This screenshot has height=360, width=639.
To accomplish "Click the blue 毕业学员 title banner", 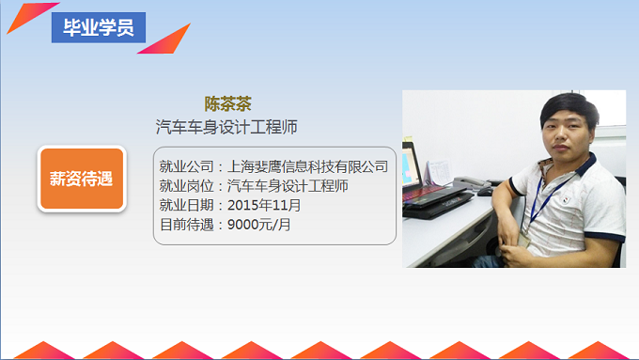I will (x=98, y=27).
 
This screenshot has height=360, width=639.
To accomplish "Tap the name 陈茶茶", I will (x=228, y=103).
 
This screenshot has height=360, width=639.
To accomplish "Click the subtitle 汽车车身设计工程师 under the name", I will (x=226, y=126).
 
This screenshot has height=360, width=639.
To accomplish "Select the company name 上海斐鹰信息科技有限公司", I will (x=308, y=166).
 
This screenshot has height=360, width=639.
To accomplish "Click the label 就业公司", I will (x=188, y=166).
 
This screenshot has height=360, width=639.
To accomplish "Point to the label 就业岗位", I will (x=188, y=186).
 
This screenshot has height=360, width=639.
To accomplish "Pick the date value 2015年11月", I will (x=265, y=205).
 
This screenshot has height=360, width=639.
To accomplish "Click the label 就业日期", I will (x=188, y=205).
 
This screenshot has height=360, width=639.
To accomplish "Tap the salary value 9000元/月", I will (x=260, y=225).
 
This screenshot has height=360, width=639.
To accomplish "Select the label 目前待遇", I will (x=188, y=225).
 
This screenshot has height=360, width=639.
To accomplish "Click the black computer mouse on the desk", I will (x=485, y=190).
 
